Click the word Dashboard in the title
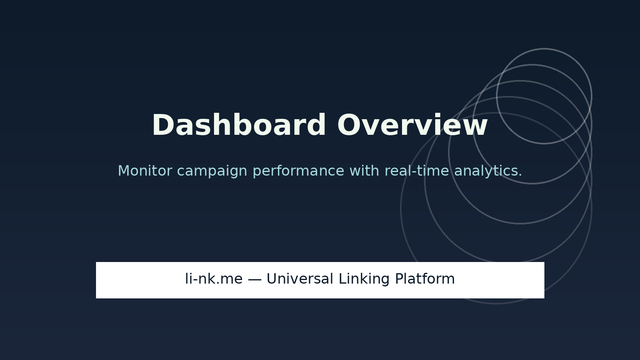click(239, 126)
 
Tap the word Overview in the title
click(412, 126)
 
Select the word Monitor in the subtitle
click(145, 171)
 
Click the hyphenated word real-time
click(417, 171)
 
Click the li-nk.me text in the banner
click(214, 279)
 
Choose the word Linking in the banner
click(364, 279)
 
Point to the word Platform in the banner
click(425, 279)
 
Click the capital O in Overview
click(348, 126)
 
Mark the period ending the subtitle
click(520, 175)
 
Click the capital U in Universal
click(272, 279)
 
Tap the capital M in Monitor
click(124, 171)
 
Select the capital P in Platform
click(399, 279)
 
